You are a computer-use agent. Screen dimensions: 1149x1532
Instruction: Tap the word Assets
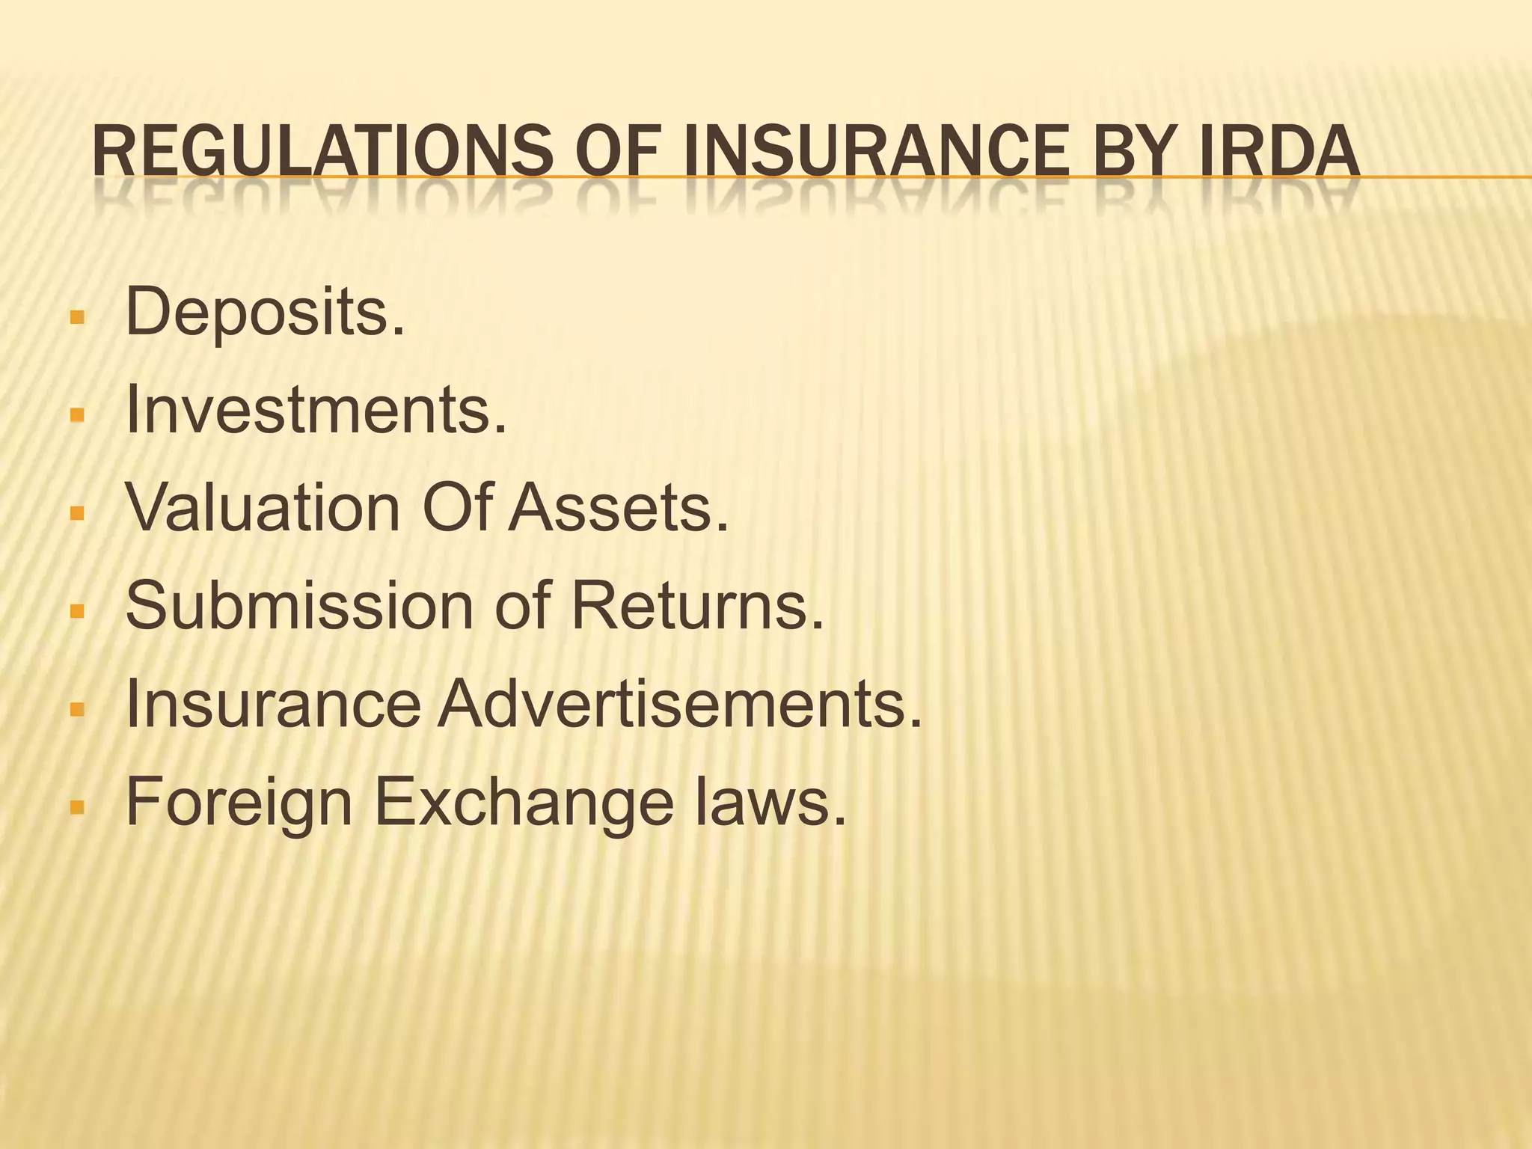[618, 508]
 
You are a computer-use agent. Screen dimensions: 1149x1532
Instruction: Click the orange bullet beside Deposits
[76, 316]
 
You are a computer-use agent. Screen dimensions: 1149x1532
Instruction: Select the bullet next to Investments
[76, 414]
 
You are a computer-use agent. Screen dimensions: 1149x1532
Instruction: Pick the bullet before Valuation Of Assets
[76, 512]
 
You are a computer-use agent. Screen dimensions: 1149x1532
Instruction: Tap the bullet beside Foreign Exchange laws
[76, 806]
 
